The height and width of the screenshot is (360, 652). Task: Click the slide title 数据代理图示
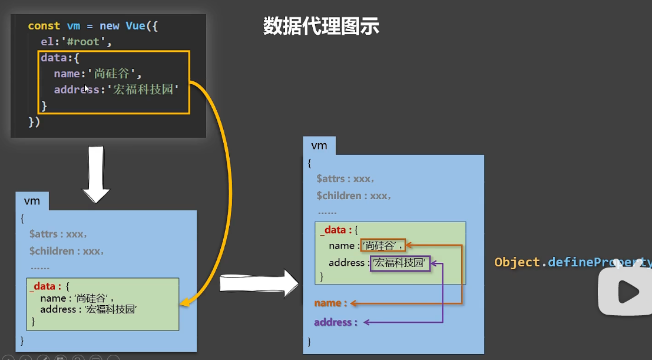(x=321, y=27)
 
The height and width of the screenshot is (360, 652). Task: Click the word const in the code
(x=44, y=26)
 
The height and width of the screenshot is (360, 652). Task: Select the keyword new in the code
(x=109, y=26)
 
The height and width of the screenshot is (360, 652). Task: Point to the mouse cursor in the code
(x=87, y=89)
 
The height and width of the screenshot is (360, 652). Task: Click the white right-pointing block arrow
(x=259, y=283)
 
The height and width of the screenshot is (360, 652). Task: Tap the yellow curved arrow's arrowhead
(x=184, y=303)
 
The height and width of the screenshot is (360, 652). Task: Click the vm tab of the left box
(x=32, y=201)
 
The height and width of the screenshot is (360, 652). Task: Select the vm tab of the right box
(x=319, y=146)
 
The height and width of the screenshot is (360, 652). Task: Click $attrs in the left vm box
(x=46, y=234)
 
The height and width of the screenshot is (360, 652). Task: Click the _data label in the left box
(x=44, y=286)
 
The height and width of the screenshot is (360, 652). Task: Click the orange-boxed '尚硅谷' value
(x=383, y=246)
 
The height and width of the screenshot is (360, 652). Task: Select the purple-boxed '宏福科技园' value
(x=400, y=263)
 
